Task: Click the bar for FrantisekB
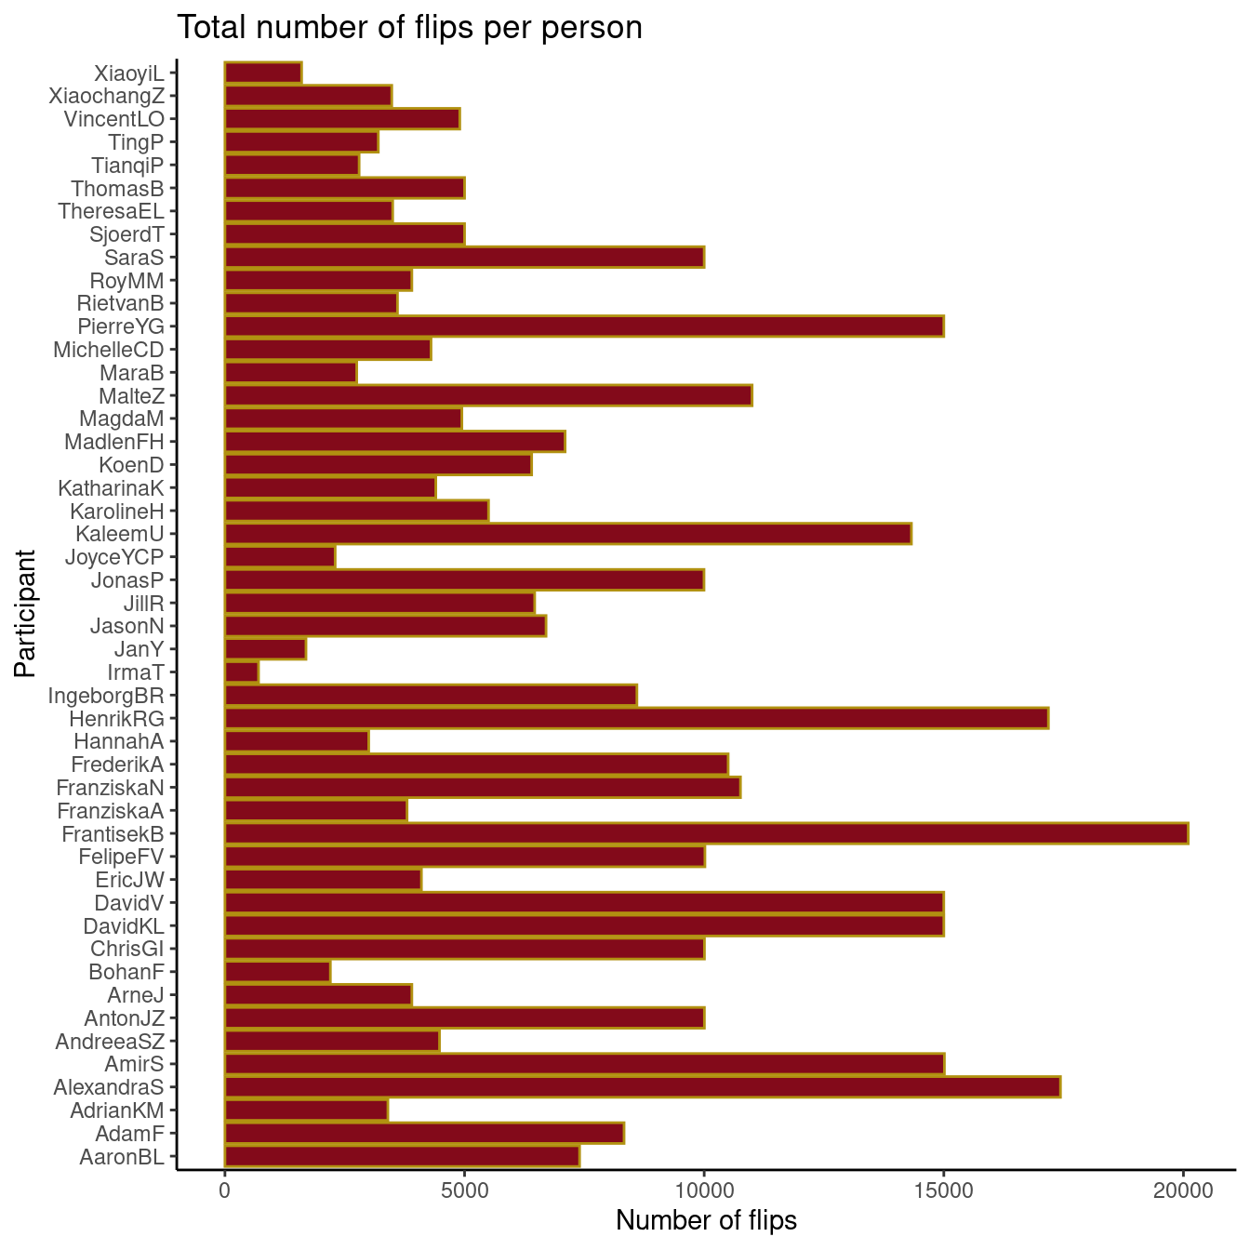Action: (x=707, y=833)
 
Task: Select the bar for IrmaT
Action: (x=242, y=672)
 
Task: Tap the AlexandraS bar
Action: (x=642, y=1086)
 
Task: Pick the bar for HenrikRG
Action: (x=636, y=718)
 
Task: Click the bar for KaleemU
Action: (x=567, y=534)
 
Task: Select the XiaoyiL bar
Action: (x=263, y=73)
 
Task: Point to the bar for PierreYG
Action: (x=584, y=326)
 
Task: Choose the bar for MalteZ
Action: (x=488, y=395)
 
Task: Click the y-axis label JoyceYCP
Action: (x=114, y=557)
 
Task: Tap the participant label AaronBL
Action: (x=122, y=1157)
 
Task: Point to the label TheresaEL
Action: (x=111, y=211)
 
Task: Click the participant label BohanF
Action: (x=126, y=972)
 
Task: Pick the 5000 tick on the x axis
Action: (x=464, y=1190)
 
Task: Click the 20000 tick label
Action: (x=1183, y=1190)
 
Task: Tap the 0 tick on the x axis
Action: (x=225, y=1190)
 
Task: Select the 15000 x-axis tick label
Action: (x=943, y=1190)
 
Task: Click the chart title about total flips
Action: (x=409, y=28)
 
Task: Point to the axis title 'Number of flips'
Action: (x=706, y=1220)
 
